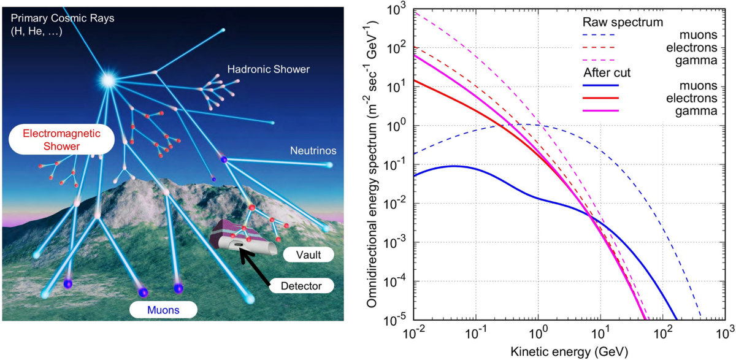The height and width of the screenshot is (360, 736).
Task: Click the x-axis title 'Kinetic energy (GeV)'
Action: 569,351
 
